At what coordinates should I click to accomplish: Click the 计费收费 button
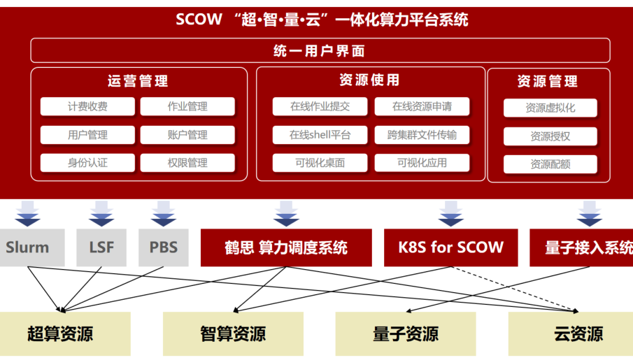87,107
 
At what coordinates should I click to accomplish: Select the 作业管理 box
187,107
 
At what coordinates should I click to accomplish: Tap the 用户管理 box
87,135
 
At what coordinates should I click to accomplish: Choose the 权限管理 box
187,163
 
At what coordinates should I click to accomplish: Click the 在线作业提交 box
320,107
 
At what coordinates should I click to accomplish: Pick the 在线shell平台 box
320,135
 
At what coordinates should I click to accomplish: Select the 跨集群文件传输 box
422,135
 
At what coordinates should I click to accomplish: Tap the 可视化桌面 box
320,163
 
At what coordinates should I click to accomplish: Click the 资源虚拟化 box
550,108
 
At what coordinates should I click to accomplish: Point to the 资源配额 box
550,164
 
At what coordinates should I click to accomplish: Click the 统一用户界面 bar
320,51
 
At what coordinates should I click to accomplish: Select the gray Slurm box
28,247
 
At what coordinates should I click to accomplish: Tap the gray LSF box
101,247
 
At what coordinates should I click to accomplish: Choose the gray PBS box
163,247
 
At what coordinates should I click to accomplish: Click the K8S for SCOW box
450,247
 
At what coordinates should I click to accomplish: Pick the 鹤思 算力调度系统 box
286,247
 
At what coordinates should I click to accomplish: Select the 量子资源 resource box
405,334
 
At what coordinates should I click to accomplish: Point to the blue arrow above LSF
101,214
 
